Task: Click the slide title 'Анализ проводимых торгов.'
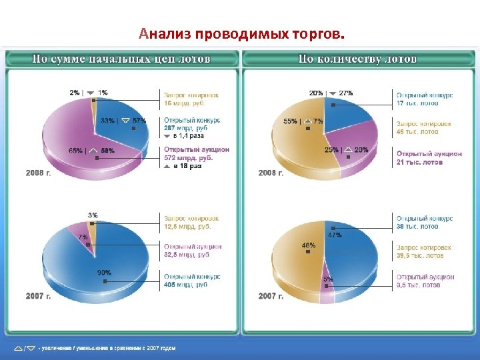[x=243, y=33]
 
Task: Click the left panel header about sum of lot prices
[x=122, y=59]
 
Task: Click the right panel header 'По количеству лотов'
[x=358, y=59]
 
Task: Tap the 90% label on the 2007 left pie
[x=104, y=273]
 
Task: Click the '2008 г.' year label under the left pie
[x=39, y=173]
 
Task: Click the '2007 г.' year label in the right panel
[x=271, y=296]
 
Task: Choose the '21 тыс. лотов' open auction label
[x=420, y=162]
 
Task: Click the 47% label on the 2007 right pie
[x=334, y=235]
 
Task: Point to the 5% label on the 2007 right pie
[x=328, y=279]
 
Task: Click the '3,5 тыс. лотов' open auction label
[x=419, y=285]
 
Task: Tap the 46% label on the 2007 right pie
[x=309, y=245]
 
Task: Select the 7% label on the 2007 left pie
[x=83, y=237]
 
